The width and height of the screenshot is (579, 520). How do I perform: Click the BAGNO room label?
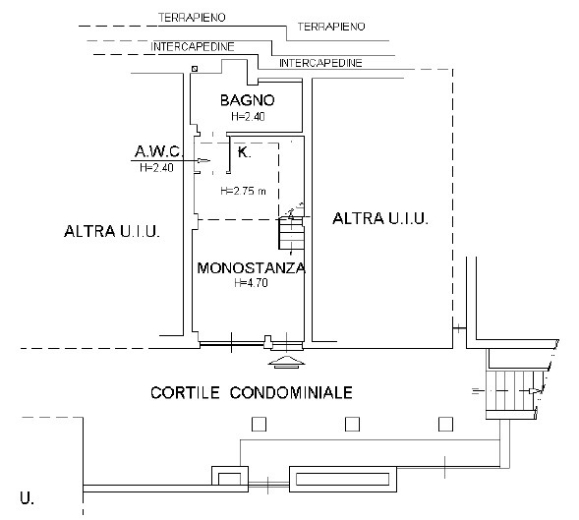[248, 100]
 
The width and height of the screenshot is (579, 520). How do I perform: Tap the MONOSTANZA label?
[252, 267]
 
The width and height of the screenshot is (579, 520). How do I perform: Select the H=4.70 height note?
[251, 283]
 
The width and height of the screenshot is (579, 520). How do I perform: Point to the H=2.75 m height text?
[243, 191]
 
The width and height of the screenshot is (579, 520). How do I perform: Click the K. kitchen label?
[244, 151]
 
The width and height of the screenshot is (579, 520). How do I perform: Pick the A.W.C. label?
[158, 151]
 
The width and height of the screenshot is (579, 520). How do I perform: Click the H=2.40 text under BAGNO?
[248, 116]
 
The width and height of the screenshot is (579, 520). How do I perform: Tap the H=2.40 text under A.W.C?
[156, 168]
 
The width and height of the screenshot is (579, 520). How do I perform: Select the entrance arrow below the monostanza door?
[286, 362]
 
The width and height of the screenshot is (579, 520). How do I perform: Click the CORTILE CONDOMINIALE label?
[252, 392]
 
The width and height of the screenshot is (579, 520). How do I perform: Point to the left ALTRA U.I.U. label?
[112, 231]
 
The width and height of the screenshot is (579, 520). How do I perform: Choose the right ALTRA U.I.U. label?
[380, 218]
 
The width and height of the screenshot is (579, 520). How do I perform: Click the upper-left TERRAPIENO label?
[192, 18]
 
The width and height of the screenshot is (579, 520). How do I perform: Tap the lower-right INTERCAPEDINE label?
[320, 63]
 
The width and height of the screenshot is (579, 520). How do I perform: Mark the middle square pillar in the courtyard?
[352, 425]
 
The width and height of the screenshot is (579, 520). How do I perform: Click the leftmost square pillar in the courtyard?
[259, 425]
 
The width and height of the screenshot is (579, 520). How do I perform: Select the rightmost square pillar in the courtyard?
[445, 425]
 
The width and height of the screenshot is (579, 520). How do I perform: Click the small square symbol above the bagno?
[195, 69]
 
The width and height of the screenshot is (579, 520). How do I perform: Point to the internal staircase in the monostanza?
[291, 233]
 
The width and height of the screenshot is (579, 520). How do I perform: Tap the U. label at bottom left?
[27, 498]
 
